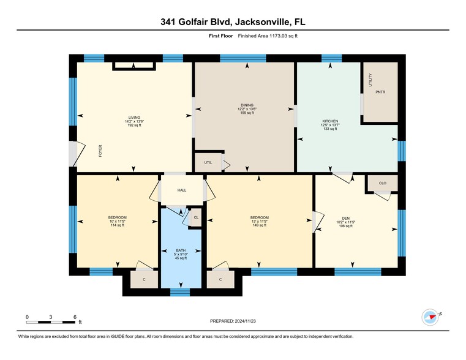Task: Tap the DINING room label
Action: coord(247,105)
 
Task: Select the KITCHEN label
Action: coord(330,121)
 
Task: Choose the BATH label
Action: coord(181,250)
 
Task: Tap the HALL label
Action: coord(182,190)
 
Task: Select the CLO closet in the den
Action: coord(383,182)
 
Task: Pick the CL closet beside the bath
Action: coord(196,217)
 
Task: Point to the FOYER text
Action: coord(100,151)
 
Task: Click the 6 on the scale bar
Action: coord(75,316)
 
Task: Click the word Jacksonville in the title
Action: coord(258,22)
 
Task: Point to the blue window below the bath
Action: coord(180,292)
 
